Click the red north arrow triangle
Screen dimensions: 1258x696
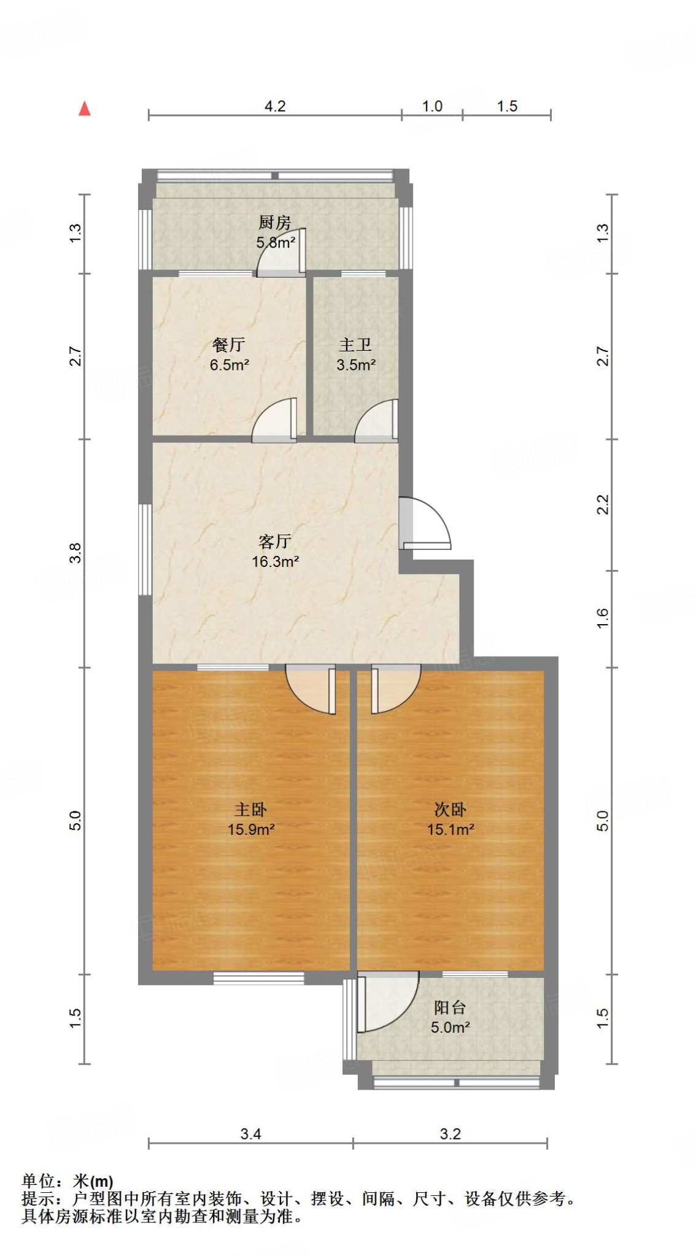pyautogui.click(x=85, y=109)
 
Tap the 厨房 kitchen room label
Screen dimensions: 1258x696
pyautogui.click(x=274, y=222)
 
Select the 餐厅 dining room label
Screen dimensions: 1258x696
pyautogui.click(x=229, y=345)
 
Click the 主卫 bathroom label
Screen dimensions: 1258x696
pyautogui.click(x=355, y=345)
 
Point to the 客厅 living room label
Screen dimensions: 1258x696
pyautogui.click(x=274, y=541)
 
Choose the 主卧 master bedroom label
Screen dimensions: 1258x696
pyautogui.click(x=250, y=810)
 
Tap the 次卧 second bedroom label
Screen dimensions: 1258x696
pyautogui.click(x=450, y=810)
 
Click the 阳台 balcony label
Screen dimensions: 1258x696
pyautogui.click(x=450, y=1007)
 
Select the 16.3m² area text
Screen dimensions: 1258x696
pyautogui.click(x=275, y=561)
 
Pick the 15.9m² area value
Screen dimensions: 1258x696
pyautogui.click(x=251, y=830)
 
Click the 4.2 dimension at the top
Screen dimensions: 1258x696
pyautogui.click(x=275, y=106)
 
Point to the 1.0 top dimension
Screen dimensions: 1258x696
pyautogui.click(x=432, y=106)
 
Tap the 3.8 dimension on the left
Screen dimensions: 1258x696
pyautogui.click(x=75, y=553)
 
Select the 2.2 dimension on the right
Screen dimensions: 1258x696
pyautogui.click(x=603, y=505)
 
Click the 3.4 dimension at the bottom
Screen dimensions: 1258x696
pyautogui.click(x=250, y=1134)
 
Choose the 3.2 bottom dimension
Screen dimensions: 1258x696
pyautogui.click(x=450, y=1134)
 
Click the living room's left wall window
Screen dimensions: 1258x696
pyautogui.click(x=145, y=550)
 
